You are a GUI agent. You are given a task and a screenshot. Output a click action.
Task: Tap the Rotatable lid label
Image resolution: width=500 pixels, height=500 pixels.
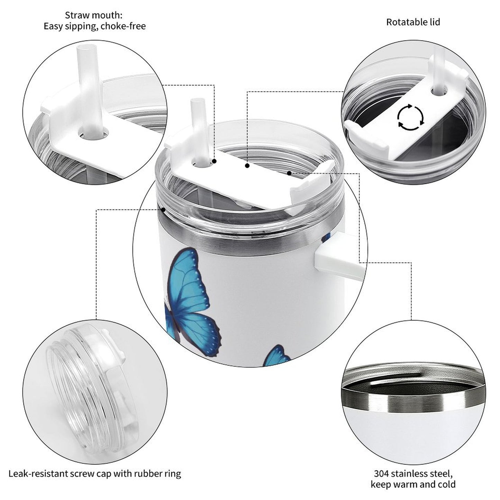pyautogui.click(x=413, y=22)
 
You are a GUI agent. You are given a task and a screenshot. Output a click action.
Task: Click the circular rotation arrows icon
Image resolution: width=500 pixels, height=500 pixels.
pyautogui.click(x=410, y=117)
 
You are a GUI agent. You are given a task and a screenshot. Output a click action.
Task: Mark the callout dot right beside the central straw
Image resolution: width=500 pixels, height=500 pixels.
pyautogui.click(x=215, y=161)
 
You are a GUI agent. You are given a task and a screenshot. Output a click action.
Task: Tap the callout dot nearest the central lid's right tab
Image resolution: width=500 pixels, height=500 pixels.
pyautogui.click(x=288, y=172)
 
